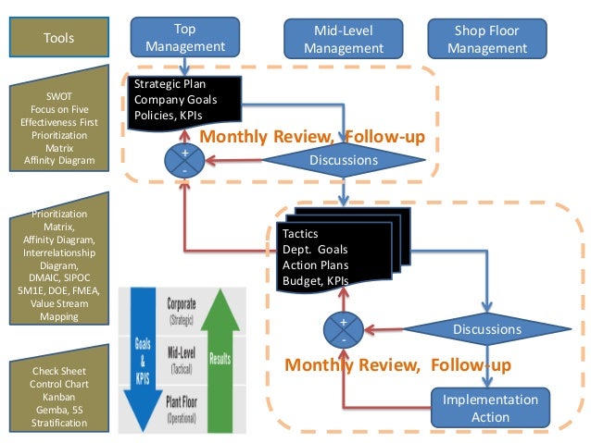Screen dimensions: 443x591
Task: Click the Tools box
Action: pyautogui.click(x=59, y=38)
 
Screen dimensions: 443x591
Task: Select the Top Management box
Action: pyautogui.click(x=185, y=38)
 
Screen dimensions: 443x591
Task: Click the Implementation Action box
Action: pyautogui.click(x=489, y=408)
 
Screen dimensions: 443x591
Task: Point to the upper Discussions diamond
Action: pyautogui.click(x=344, y=160)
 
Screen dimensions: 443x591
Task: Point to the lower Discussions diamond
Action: pyautogui.click(x=486, y=329)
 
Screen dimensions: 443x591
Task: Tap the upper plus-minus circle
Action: pyautogui.click(x=184, y=161)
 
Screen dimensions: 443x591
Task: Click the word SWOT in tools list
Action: pyautogui.click(x=59, y=95)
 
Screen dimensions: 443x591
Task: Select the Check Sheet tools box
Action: pyautogui.click(x=59, y=397)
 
